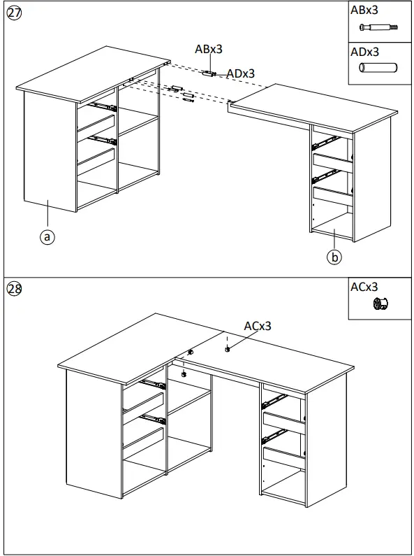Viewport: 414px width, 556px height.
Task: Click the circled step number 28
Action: (13, 290)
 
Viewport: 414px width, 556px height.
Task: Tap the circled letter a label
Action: (47, 237)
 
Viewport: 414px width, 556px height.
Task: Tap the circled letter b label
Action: (334, 257)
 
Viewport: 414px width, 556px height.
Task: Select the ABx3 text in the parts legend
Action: (365, 10)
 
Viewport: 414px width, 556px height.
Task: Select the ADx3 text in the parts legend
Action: (365, 52)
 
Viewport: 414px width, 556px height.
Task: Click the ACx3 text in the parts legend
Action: (364, 287)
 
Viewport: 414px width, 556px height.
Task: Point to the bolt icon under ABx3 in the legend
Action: (378, 28)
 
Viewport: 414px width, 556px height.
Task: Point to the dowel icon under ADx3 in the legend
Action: (378, 69)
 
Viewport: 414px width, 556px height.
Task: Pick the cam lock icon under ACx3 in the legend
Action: (380, 304)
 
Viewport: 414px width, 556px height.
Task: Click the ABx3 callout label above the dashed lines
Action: (209, 50)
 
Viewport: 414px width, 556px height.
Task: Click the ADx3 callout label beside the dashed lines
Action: (240, 73)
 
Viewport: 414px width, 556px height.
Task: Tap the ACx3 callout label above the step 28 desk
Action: (257, 326)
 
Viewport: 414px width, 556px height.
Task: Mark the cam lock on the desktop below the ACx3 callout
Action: (228, 348)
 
